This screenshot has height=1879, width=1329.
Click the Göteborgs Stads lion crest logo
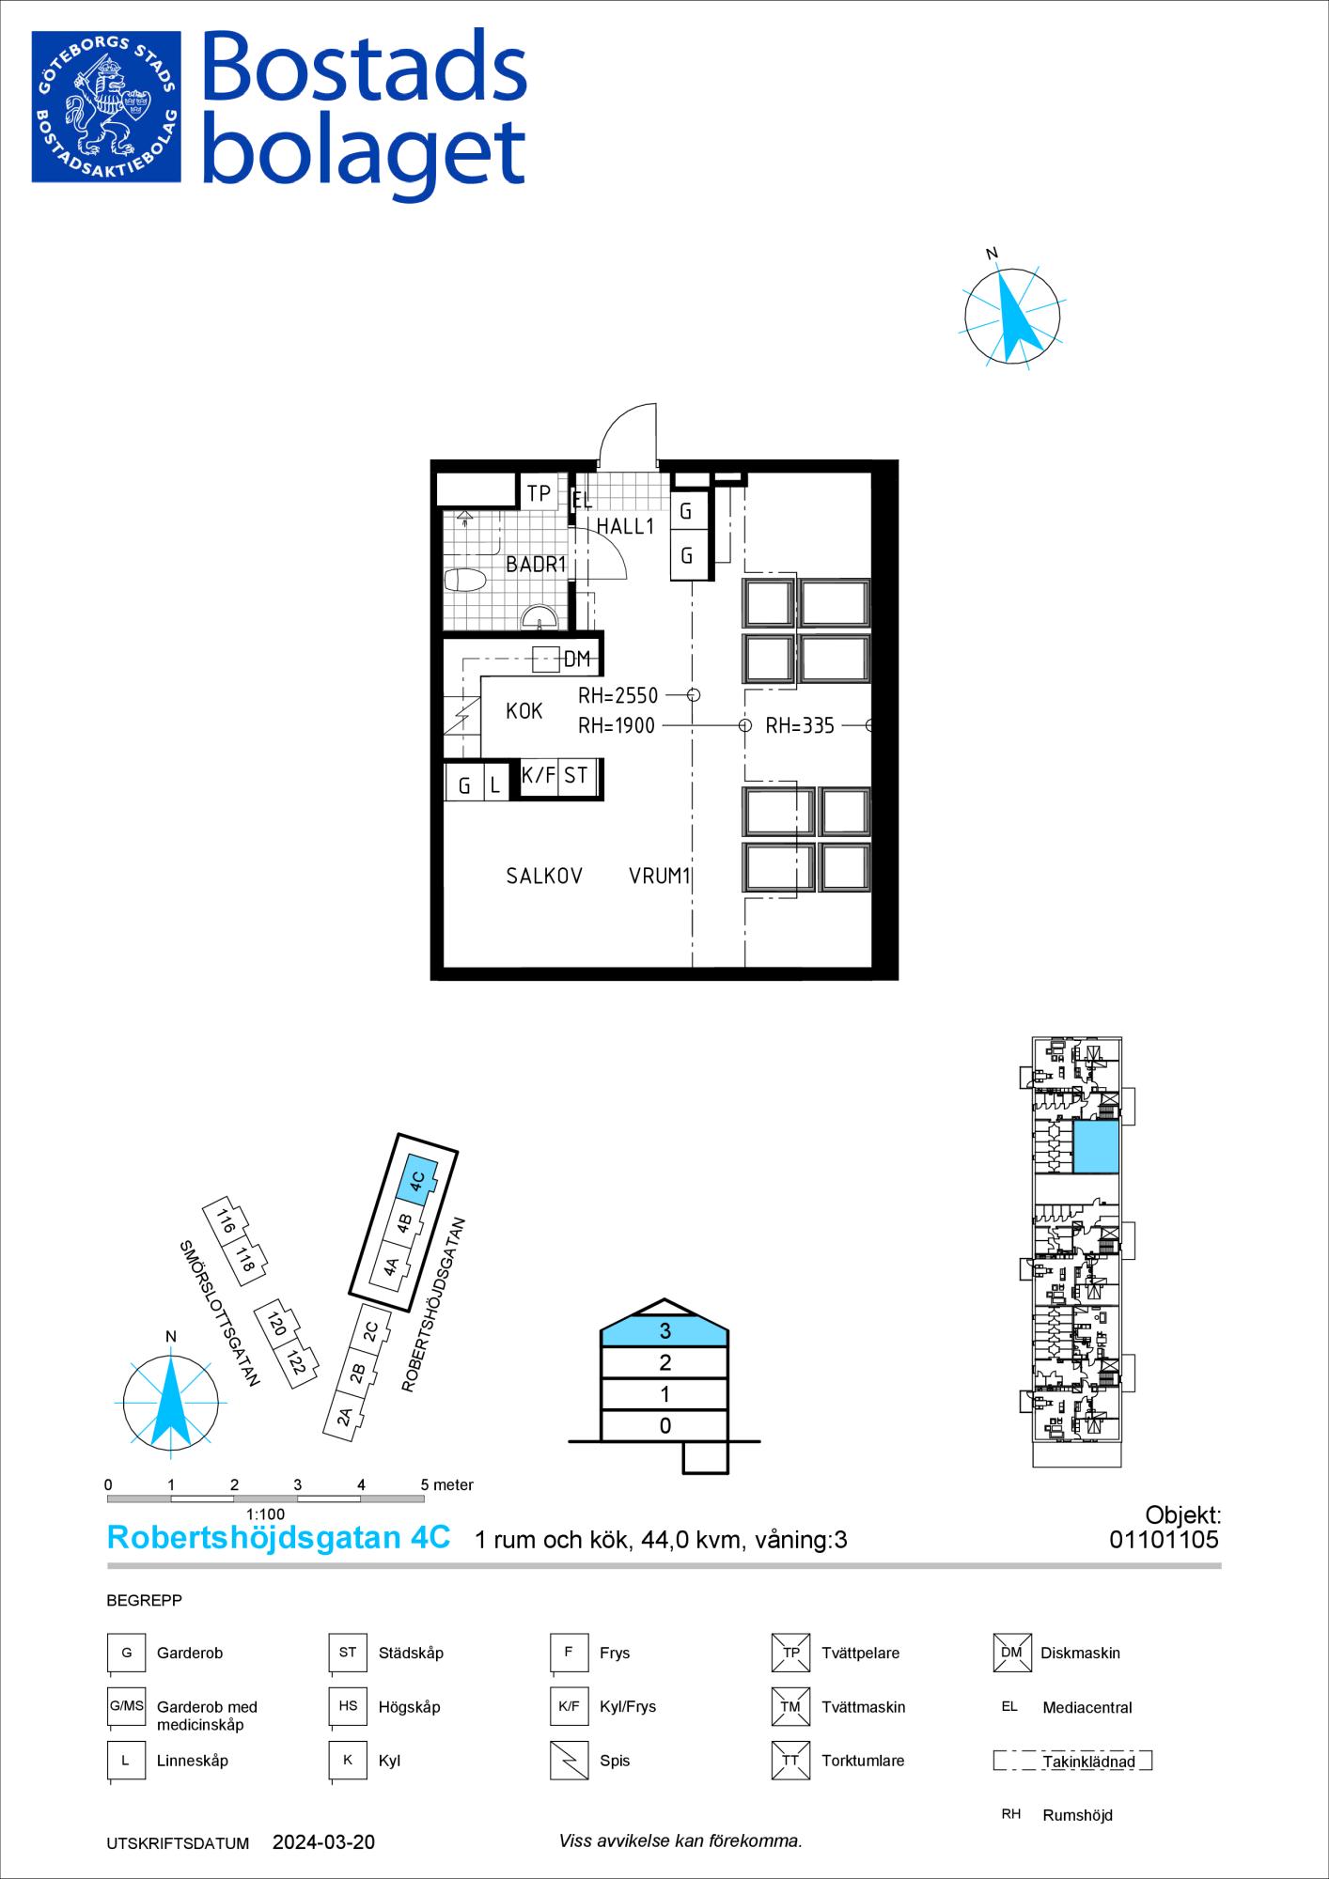point(105,106)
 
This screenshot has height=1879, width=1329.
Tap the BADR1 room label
point(536,565)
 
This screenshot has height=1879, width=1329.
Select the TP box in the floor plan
point(539,492)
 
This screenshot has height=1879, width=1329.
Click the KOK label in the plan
point(524,711)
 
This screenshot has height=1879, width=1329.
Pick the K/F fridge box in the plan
point(539,777)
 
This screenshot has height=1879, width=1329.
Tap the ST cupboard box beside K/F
point(577,777)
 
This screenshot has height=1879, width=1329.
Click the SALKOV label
point(544,877)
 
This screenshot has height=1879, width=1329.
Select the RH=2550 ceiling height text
point(618,696)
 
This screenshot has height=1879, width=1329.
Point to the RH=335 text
point(800,725)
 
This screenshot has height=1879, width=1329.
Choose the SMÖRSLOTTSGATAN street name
point(219,1313)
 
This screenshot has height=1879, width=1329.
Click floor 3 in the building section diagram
point(664,1330)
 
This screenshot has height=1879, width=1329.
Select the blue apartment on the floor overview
point(1096,1146)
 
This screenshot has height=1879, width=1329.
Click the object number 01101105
point(1164,1540)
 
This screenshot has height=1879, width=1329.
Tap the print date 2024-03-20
point(323,1842)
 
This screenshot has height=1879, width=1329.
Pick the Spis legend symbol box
point(568,1761)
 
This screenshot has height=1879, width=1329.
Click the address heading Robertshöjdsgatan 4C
point(279,1537)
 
